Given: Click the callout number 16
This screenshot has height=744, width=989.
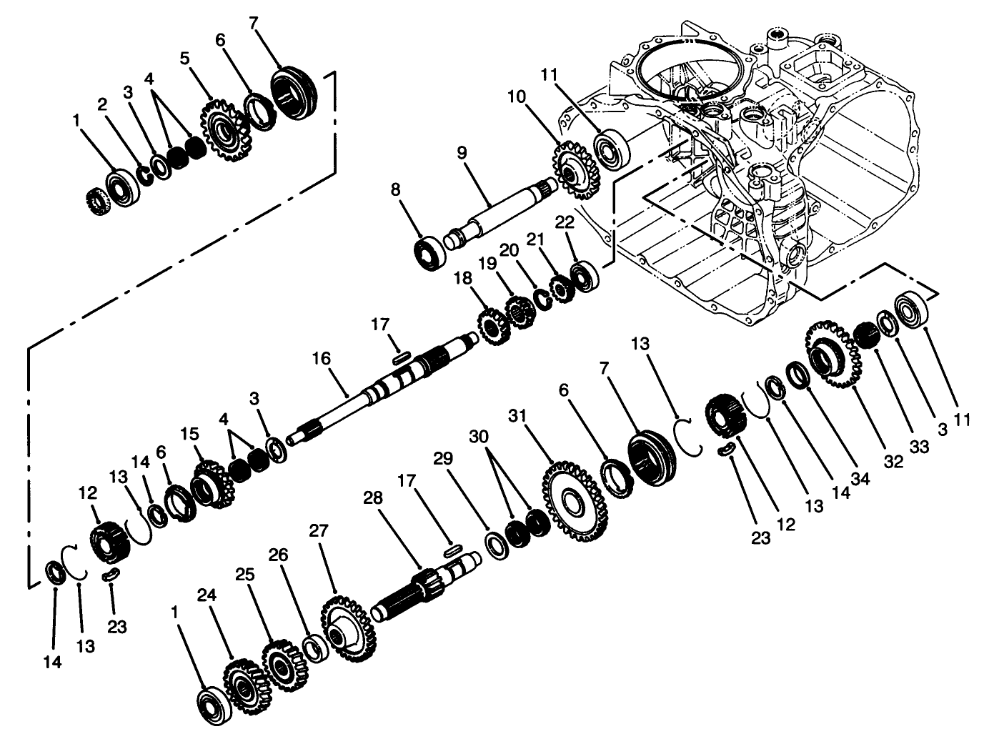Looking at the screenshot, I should click(x=321, y=358).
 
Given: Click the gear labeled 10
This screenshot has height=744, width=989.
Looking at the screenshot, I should click(x=575, y=172).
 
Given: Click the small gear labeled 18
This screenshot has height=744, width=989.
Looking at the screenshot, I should click(x=492, y=326).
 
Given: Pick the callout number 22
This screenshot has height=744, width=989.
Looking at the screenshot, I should click(x=564, y=222).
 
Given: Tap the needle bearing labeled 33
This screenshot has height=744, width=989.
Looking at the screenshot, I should click(x=865, y=334).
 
